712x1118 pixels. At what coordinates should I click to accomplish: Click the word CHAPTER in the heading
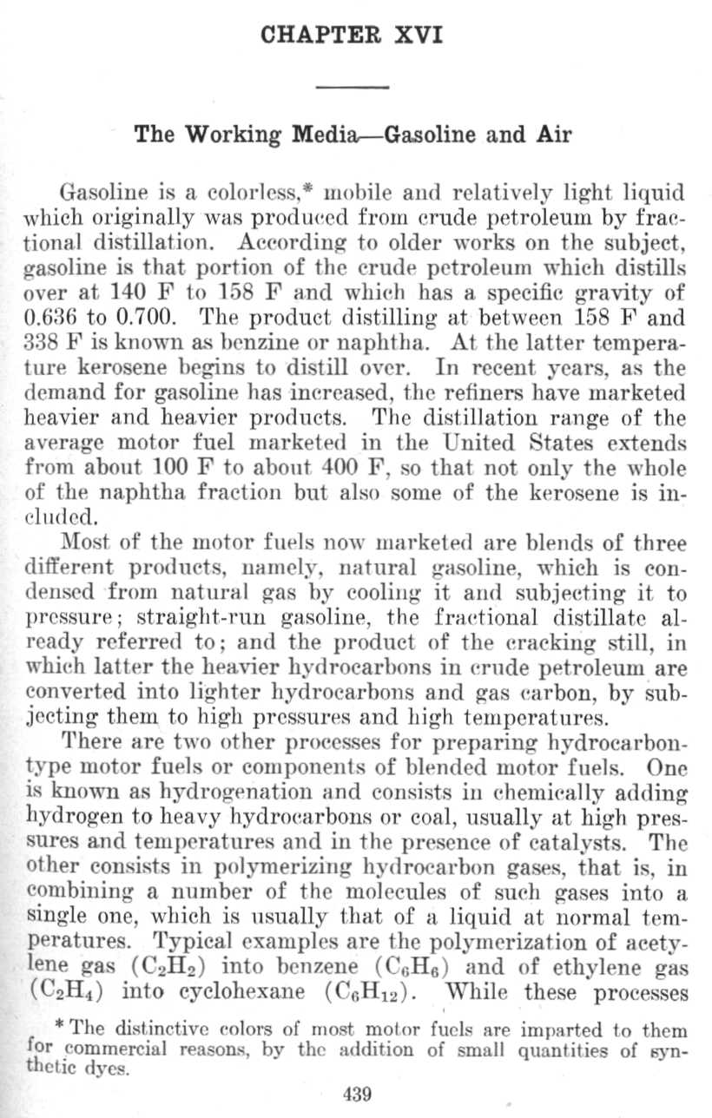[317, 37]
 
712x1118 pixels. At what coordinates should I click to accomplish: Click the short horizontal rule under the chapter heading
[356, 86]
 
